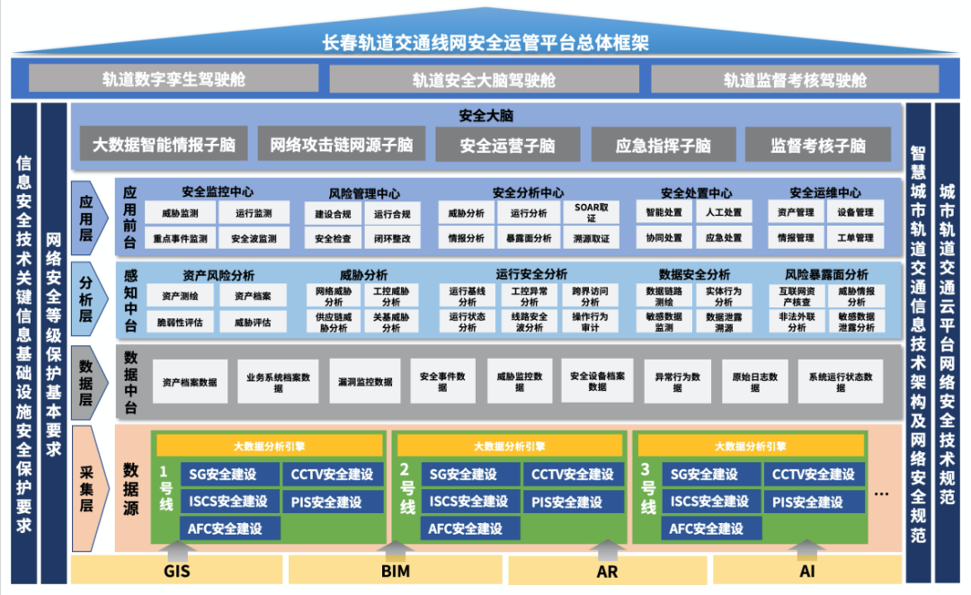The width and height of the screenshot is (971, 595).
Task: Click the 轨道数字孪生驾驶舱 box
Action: (x=174, y=79)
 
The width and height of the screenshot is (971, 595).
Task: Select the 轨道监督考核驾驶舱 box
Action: (x=795, y=79)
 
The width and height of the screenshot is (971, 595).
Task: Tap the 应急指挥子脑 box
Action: (x=664, y=145)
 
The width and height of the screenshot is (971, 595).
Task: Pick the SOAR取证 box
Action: (x=591, y=213)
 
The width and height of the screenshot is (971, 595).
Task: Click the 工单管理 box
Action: (x=855, y=238)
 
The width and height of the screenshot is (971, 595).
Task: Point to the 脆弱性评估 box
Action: (x=179, y=322)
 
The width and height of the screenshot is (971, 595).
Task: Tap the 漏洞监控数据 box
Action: (x=365, y=381)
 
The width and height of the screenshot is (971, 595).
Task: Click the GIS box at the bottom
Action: (x=176, y=570)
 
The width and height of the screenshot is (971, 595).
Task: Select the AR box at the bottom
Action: (x=607, y=570)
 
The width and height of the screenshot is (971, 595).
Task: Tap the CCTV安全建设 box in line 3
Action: (x=814, y=475)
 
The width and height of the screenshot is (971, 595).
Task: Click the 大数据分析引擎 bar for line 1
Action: (x=270, y=446)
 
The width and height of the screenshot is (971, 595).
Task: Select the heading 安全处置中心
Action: (x=696, y=193)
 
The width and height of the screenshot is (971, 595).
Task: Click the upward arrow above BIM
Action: (x=396, y=547)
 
